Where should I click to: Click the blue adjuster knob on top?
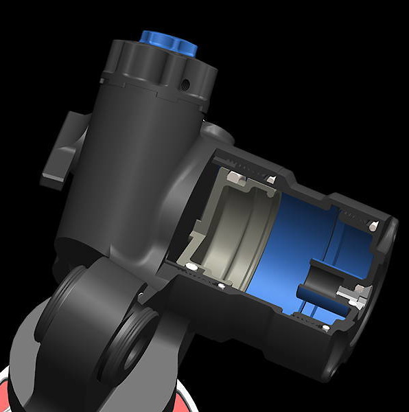168,43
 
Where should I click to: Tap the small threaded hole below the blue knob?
185,84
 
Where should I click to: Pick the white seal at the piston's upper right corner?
272,180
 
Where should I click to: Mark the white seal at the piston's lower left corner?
191,266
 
